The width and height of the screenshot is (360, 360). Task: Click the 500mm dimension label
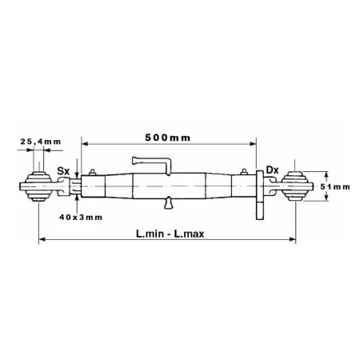click(x=168, y=138)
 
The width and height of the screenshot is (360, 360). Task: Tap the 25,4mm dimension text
click(x=41, y=142)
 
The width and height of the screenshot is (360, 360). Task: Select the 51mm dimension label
click(x=335, y=186)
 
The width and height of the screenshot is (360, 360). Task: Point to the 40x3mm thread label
click(x=81, y=218)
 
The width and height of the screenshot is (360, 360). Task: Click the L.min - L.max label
click(x=170, y=234)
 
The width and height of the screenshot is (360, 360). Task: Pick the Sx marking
click(x=63, y=171)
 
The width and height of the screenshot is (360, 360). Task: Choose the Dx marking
click(x=272, y=170)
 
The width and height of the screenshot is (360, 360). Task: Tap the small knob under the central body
click(x=168, y=203)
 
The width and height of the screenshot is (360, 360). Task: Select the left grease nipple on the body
click(x=93, y=172)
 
